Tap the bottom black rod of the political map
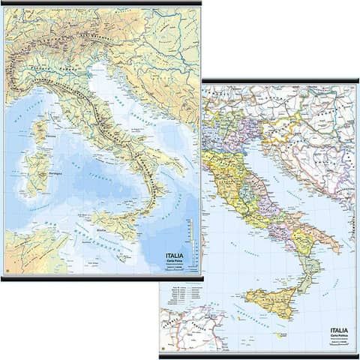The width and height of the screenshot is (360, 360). [x=259, y=355]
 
